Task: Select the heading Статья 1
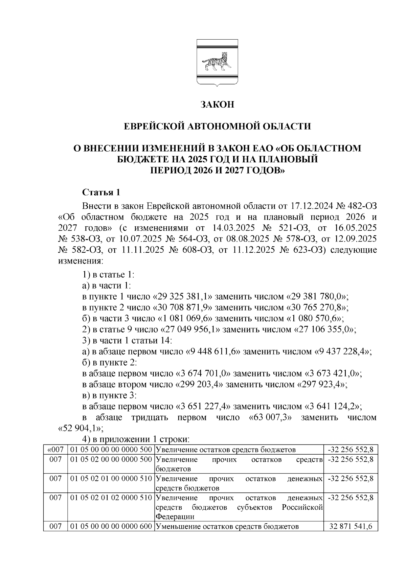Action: [101, 192]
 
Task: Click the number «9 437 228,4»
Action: [343, 351]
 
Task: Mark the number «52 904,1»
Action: [79, 428]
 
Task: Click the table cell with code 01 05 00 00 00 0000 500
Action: [111, 450]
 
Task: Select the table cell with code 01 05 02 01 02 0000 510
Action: [111, 498]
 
